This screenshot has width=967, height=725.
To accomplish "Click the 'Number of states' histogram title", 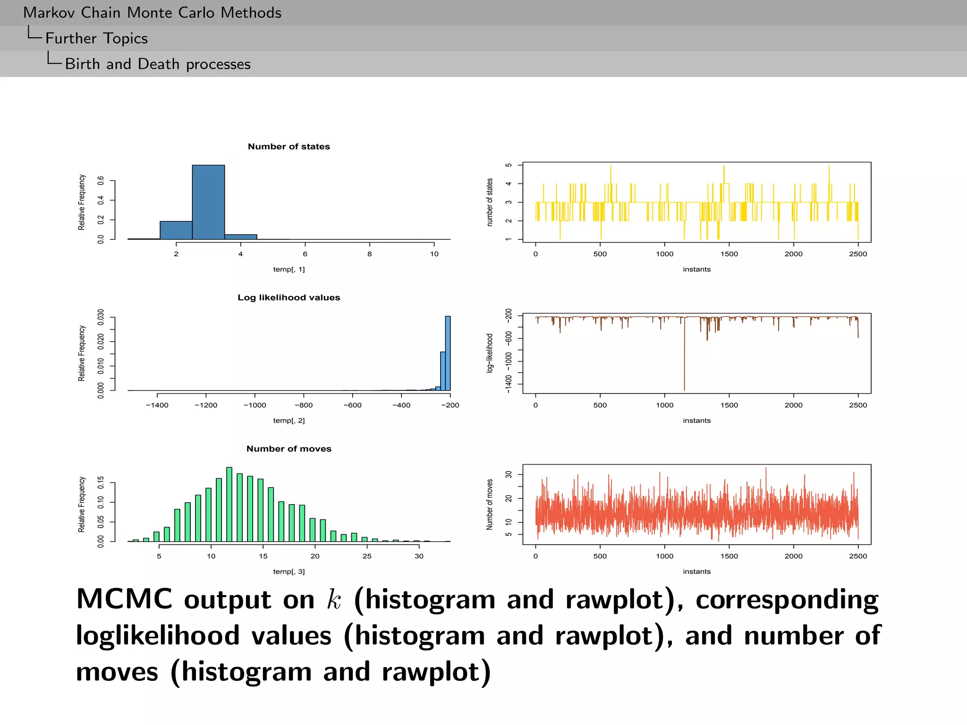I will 288,146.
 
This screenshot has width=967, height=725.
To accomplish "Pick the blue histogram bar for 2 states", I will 176,230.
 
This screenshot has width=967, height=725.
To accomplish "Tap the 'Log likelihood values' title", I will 288,297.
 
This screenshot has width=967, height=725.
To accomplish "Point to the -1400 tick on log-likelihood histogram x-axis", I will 157,405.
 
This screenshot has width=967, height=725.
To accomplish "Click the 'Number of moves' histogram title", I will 288,448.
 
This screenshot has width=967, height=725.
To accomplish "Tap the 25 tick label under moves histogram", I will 367,556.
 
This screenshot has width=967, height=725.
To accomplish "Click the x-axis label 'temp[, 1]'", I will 288,269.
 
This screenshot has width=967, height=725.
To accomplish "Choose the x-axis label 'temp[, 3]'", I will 288,571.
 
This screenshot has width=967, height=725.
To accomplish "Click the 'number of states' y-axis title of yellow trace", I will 490,202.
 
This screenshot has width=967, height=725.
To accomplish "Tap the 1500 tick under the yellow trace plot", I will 729,254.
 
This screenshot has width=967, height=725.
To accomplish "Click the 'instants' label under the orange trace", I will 696,571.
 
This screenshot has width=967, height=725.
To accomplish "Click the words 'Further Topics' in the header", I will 96,38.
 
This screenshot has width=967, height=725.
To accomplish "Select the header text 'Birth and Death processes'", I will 158,64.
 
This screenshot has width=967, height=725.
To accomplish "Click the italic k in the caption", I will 334,600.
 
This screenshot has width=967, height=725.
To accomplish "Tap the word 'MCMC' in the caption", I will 124,599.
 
